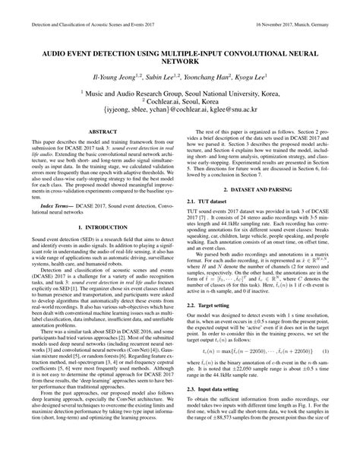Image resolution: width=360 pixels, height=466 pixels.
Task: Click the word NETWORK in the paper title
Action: click(x=179, y=65)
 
